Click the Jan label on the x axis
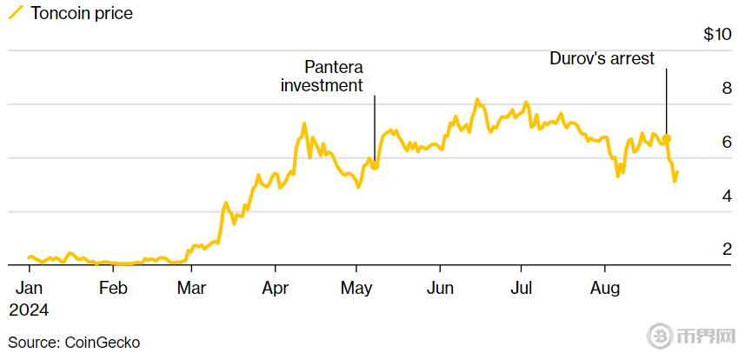(x=29, y=288)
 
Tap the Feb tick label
(x=113, y=288)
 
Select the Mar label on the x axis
(x=191, y=288)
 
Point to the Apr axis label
(x=276, y=288)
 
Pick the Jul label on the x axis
(x=521, y=288)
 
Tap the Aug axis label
(x=605, y=288)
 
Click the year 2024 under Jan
(x=30, y=310)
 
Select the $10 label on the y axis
(x=717, y=35)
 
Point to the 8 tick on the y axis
(x=726, y=89)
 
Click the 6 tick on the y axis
(x=726, y=143)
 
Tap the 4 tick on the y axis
(x=726, y=197)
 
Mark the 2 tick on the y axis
(x=726, y=250)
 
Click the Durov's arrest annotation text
(x=602, y=59)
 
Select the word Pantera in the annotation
(x=333, y=67)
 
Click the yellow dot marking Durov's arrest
(x=667, y=139)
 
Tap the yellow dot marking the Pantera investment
(x=375, y=165)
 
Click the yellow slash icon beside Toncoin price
(x=16, y=13)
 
